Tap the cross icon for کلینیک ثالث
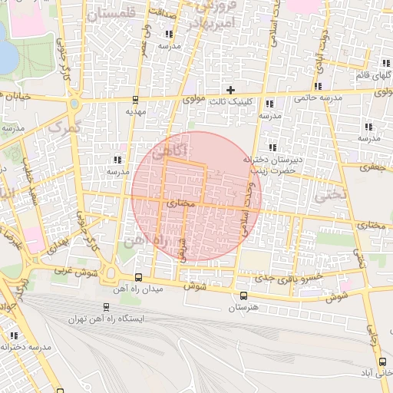[x=230, y=91]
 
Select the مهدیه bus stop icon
[x=136, y=99]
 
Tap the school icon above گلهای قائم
[x=385, y=63]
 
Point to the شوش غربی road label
[x=72, y=270]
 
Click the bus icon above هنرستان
[x=243, y=296]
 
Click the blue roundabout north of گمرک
[x=74, y=103]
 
